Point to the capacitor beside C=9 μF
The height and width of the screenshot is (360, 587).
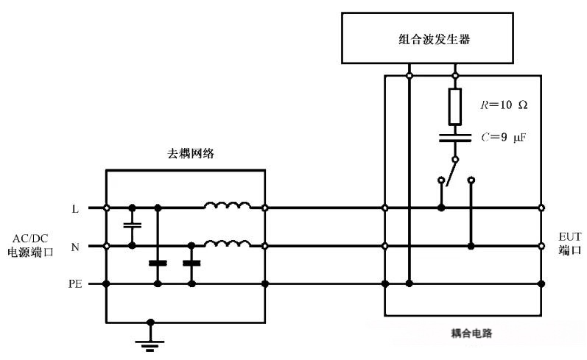455,137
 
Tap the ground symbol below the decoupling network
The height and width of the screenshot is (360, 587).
150,340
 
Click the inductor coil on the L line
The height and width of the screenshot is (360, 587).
227,205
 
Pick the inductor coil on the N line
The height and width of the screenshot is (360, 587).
227,243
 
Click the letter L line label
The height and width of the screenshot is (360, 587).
75,209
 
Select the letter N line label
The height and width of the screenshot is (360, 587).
75,247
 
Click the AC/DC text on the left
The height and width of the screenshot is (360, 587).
30,238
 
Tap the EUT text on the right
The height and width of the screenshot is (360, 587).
569,236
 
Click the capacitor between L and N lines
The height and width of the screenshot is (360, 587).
133,227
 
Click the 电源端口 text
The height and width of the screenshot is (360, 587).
30,251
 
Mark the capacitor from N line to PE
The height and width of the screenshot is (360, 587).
191,263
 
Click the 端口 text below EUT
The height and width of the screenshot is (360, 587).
569,250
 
